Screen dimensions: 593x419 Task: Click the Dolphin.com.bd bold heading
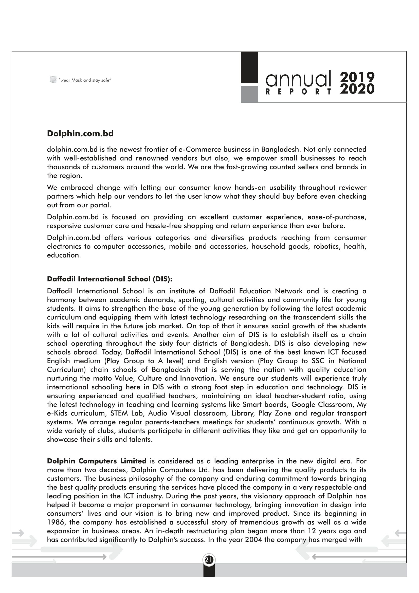tap(80, 134)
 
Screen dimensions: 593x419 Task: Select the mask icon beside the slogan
tap(53, 80)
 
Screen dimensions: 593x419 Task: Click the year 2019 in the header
tap(357, 77)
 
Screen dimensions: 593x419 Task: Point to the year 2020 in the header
tap(357, 89)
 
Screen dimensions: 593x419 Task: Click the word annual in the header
tap(298, 79)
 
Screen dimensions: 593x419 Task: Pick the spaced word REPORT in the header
tap(298, 92)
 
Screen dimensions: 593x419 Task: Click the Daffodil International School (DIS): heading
tap(110, 279)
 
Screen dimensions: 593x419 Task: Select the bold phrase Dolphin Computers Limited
tap(97, 461)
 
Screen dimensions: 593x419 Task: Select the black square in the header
tap(249, 67)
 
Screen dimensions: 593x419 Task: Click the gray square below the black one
tap(249, 94)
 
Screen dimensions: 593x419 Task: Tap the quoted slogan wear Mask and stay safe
tap(85, 80)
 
